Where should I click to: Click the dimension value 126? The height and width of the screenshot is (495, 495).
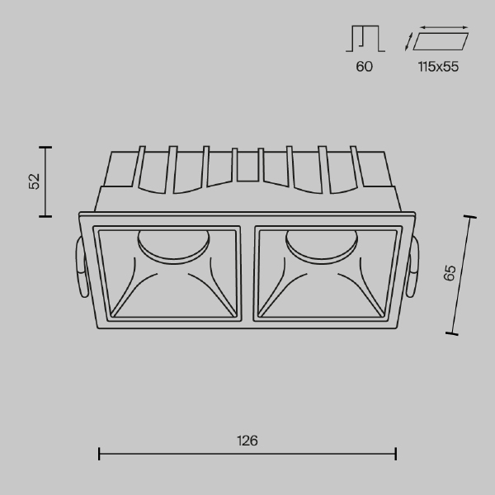coord(247,441)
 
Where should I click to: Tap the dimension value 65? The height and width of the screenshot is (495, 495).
coord(449,274)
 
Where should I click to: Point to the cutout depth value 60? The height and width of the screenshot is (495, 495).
coord(364,67)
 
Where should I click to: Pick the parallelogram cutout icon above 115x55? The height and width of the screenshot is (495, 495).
coord(441,40)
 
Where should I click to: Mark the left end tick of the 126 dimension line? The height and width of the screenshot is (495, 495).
coord(99,453)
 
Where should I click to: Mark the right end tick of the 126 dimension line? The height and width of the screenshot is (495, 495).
coord(397,453)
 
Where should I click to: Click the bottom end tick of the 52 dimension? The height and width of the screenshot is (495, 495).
coord(45,216)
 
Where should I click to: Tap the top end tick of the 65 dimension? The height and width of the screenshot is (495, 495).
coord(472,218)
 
